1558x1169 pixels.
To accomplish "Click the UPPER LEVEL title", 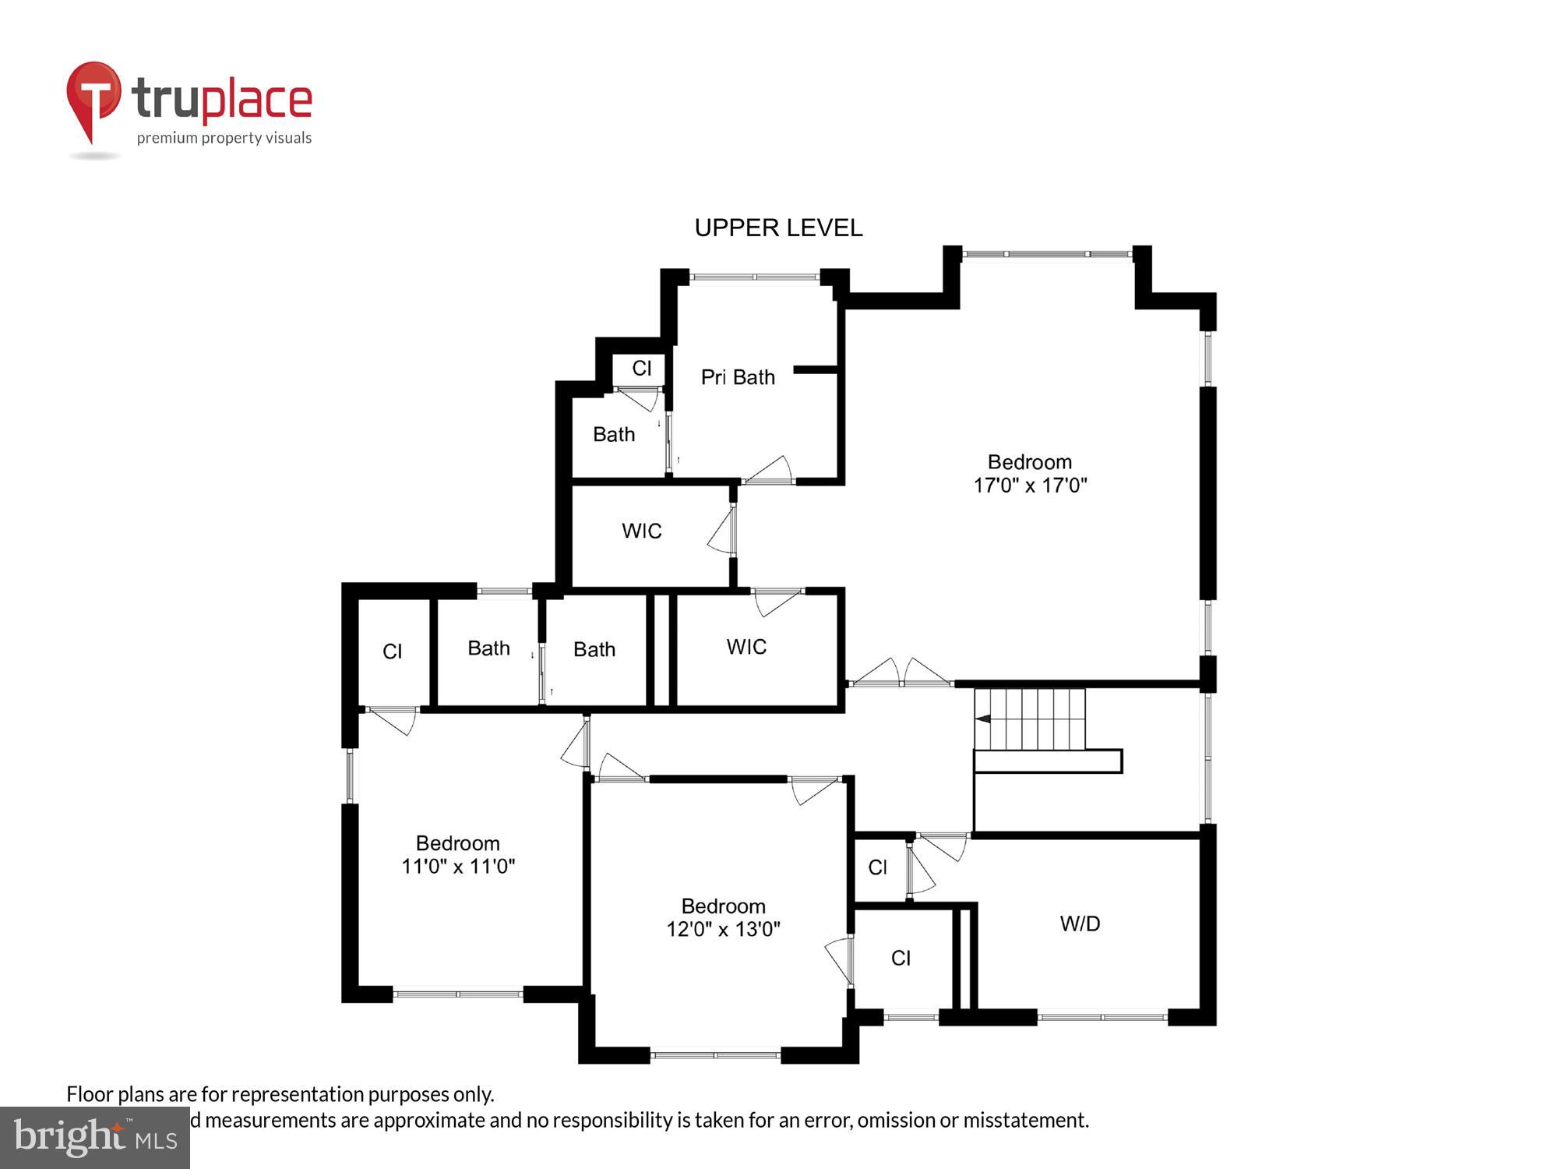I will [778, 228].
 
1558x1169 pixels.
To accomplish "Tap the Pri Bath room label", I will [738, 377].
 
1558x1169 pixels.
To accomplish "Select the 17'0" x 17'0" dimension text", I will [1030, 486].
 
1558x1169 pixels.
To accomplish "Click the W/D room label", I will [1080, 924].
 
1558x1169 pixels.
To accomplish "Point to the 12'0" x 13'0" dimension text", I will [723, 929].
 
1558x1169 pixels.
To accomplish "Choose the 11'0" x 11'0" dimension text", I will [458, 866].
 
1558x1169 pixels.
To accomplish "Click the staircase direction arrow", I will [983, 719].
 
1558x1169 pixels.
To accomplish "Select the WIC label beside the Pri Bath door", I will [641, 531].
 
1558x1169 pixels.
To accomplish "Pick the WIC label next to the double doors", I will [746, 647].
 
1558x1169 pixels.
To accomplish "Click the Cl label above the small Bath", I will [641, 368].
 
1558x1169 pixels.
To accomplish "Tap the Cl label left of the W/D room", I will [901, 958].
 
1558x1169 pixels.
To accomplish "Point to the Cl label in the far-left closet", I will [392, 652].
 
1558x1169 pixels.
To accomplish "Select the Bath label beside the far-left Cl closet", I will [488, 648].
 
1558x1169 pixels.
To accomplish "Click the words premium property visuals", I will [224, 138].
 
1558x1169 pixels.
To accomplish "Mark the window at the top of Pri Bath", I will [754, 276].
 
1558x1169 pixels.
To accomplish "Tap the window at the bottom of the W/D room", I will [1102, 1016].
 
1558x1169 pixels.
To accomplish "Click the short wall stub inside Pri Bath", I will [815, 369].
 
